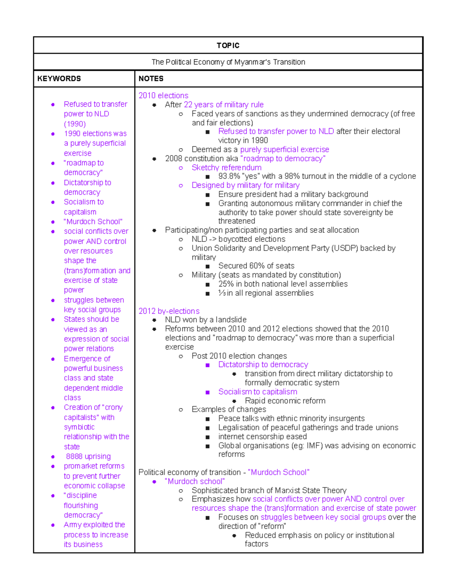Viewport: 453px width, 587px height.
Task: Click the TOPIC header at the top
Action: [x=228, y=45]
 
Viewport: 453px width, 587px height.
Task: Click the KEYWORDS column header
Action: [x=59, y=79]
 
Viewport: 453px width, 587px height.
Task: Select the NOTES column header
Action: [x=151, y=79]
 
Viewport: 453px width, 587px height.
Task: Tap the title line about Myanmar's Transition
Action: [x=228, y=62]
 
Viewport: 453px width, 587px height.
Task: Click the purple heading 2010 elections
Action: [x=163, y=96]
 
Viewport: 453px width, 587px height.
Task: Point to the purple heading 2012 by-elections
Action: [x=169, y=311]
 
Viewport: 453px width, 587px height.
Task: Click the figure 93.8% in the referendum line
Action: [x=229, y=176]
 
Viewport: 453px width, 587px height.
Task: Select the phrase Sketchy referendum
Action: [x=226, y=167]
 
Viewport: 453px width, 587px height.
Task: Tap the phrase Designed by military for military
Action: [x=245, y=185]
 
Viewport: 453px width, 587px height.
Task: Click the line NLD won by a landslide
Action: [x=205, y=320]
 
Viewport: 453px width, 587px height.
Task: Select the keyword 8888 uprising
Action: [x=88, y=457]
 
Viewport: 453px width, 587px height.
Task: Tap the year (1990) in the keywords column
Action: [x=75, y=124]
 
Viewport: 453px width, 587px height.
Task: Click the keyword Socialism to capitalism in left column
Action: [x=83, y=207]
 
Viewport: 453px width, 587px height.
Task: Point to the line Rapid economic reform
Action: [x=285, y=401]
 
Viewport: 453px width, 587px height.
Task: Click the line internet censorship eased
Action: [x=262, y=437]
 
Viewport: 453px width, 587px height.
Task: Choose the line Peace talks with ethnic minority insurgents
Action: [x=291, y=418]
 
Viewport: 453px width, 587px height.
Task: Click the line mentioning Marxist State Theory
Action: [x=269, y=491]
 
